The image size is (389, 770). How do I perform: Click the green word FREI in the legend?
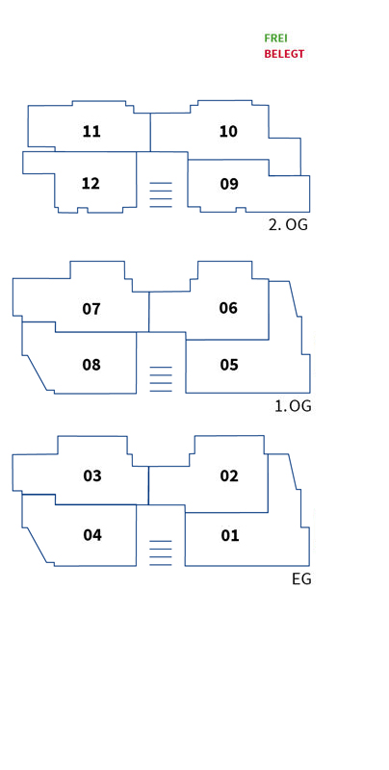(275, 38)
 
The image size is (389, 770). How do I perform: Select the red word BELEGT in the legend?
(284, 54)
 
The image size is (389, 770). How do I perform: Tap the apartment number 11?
(91, 132)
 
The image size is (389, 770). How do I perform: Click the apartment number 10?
(228, 132)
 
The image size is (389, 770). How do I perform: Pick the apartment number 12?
(91, 184)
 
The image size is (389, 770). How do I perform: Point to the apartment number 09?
(229, 184)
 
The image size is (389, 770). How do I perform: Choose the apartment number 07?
(91, 309)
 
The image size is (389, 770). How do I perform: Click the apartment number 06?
(228, 308)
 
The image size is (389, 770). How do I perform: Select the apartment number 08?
(91, 365)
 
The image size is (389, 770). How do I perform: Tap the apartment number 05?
(229, 365)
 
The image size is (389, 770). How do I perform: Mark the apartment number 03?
(92, 475)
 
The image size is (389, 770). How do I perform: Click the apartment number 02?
(229, 475)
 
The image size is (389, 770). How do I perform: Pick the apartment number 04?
(92, 535)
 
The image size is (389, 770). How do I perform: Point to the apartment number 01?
(229, 535)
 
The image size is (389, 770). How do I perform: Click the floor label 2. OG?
(288, 225)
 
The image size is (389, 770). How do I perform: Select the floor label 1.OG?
(293, 406)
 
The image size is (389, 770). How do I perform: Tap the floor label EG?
(301, 579)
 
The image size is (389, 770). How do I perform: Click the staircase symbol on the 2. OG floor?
(161, 194)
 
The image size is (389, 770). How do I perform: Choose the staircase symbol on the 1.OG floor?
(161, 379)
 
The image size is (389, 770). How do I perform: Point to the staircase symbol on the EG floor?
(161, 552)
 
